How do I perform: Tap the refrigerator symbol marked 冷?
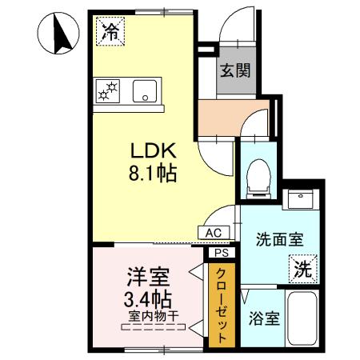110,32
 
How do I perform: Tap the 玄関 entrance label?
236,70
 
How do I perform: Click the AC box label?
214,232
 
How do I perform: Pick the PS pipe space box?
220,252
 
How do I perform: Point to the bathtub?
303,319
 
